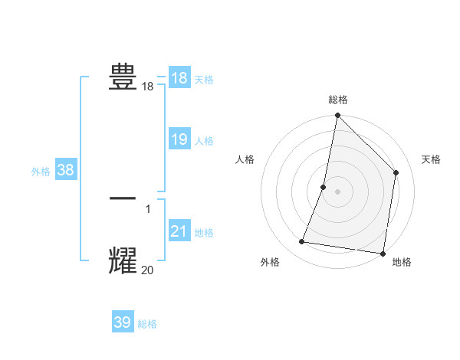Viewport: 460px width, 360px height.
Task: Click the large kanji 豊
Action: point(123,77)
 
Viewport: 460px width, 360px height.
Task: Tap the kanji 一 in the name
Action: point(123,198)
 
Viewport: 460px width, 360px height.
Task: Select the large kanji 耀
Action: point(123,260)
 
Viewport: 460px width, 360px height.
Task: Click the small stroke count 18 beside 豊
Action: point(147,87)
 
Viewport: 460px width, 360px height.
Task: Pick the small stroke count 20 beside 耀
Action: point(147,270)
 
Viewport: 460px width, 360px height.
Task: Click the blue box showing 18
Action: point(179,77)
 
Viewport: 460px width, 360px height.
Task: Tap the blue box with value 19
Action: point(179,139)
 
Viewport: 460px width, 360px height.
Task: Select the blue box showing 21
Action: point(179,231)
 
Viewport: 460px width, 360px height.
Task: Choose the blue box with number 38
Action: point(65,170)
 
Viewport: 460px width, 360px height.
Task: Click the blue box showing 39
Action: point(122,322)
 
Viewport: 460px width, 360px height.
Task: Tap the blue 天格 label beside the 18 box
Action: point(204,79)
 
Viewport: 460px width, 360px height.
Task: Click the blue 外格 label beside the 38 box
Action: point(41,172)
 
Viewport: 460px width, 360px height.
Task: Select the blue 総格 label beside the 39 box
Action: point(147,324)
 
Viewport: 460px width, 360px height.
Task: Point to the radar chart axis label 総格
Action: point(337,100)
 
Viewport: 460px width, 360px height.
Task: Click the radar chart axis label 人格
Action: point(245,159)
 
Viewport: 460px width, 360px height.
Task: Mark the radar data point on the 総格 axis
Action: point(337,116)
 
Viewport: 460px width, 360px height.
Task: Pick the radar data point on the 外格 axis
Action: point(302,242)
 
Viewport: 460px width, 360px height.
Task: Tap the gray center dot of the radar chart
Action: point(337,191)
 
